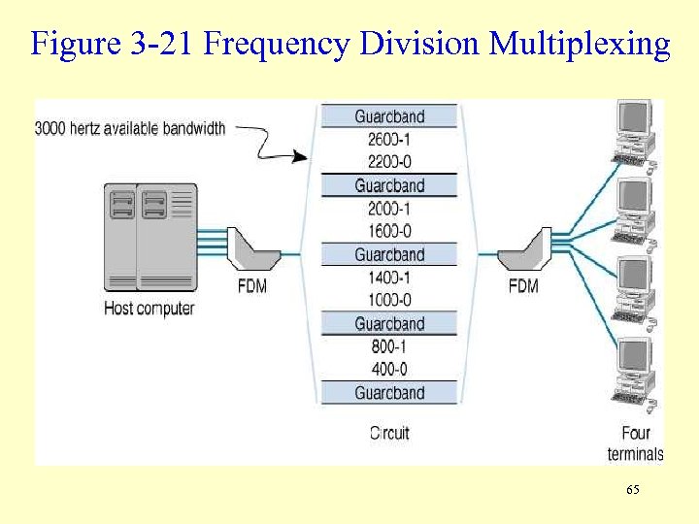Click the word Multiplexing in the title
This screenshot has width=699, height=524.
580,44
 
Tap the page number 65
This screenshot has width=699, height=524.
632,491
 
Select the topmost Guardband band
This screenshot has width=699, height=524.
389,116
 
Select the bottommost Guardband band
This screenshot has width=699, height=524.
389,393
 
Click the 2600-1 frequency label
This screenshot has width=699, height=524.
389,140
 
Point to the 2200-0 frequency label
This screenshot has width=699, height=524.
389,162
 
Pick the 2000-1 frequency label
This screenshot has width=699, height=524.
389,209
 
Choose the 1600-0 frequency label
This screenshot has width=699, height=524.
389,231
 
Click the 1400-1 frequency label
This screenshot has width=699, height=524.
389,278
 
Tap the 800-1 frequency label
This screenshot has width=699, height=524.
389,346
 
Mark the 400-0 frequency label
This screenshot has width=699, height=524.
389,369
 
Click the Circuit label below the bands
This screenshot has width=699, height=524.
389,433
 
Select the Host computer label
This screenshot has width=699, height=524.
150,309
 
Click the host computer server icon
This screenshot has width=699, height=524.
150,237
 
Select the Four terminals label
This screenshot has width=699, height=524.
636,443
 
